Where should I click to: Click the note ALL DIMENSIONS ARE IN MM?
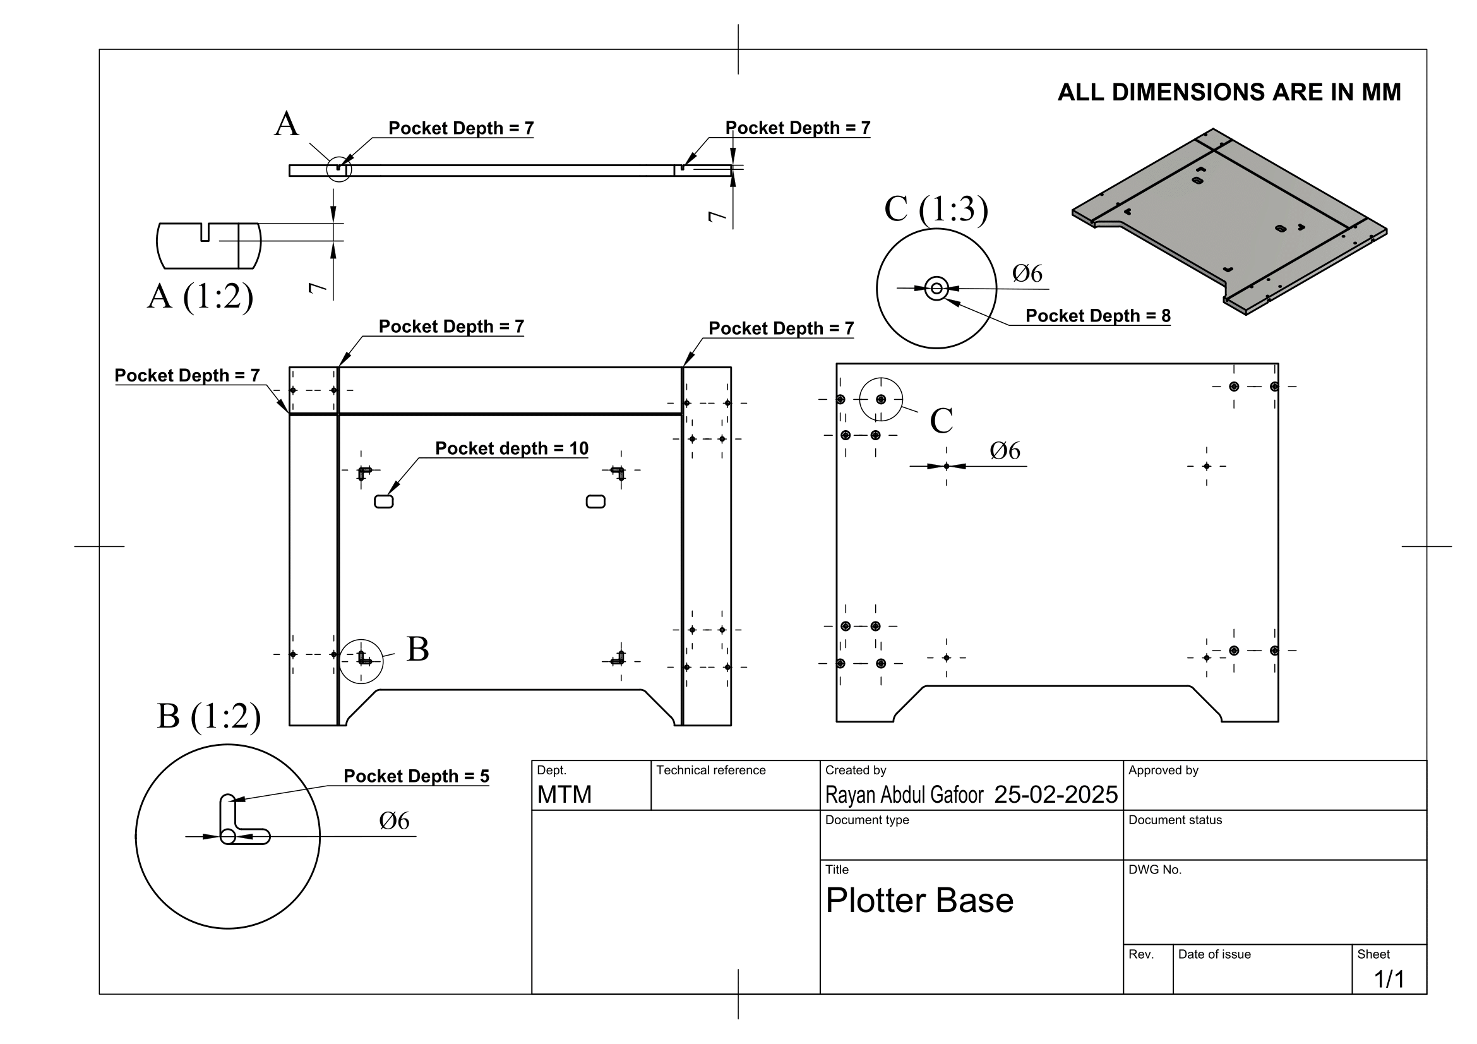click(1229, 92)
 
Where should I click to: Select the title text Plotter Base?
click(919, 900)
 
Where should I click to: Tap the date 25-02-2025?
click(1056, 795)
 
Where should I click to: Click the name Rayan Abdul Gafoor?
click(904, 795)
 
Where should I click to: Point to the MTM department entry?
click(564, 795)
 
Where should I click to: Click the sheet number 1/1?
click(1389, 979)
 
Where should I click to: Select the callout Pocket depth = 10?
click(512, 448)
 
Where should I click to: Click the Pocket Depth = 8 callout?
click(1097, 316)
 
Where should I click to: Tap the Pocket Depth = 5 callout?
click(416, 776)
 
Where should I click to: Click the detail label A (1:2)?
click(200, 297)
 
